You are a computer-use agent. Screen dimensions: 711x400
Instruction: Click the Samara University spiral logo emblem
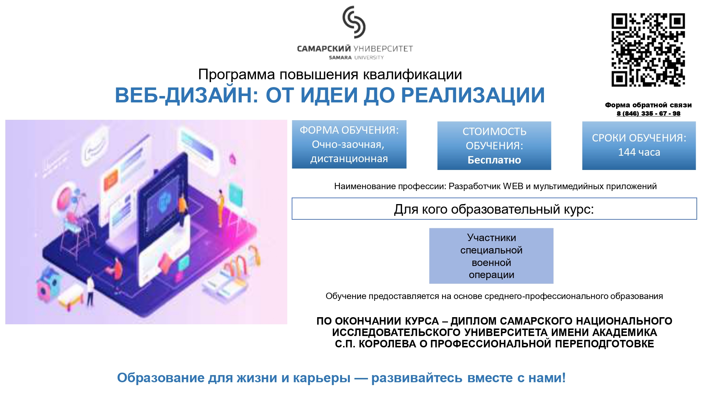click(354, 22)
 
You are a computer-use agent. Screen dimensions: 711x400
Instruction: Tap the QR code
click(648, 50)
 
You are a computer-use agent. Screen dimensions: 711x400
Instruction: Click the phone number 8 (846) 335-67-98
click(648, 113)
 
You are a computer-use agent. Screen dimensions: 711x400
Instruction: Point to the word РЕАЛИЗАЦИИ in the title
click(473, 95)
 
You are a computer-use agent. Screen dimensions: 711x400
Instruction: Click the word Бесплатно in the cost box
click(494, 160)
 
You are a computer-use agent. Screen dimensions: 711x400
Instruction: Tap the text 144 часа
click(639, 152)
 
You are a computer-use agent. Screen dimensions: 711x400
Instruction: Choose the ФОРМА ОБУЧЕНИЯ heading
click(349, 130)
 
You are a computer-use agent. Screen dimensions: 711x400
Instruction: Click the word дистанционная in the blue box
click(349, 159)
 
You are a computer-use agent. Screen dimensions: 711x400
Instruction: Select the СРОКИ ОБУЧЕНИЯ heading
click(639, 138)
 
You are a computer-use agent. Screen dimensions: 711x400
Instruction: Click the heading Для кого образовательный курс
click(494, 209)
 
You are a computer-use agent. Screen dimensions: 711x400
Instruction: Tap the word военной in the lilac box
click(491, 263)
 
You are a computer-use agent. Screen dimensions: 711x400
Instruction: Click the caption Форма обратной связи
click(648, 105)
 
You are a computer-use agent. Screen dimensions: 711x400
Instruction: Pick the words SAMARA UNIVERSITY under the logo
click(356, 58)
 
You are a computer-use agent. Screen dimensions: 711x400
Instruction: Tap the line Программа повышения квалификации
click(330, 75)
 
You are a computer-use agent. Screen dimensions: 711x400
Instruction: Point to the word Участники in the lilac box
click(491, 238)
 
